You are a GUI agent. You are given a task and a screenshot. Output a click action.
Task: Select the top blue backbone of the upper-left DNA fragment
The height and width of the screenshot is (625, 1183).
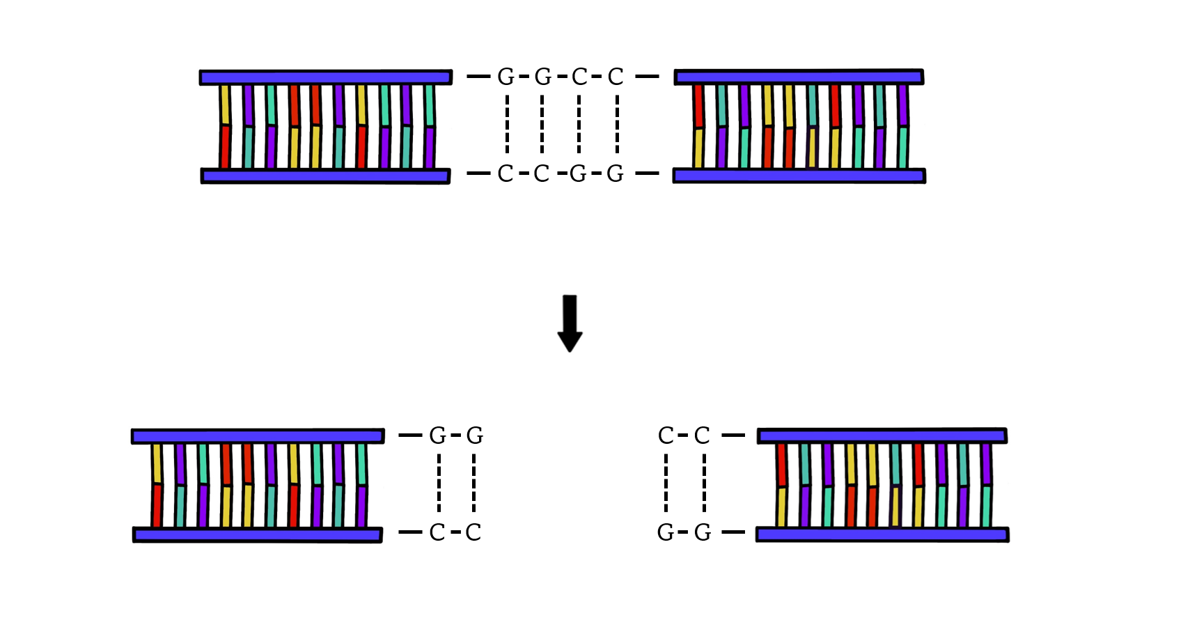[x=325, y=77]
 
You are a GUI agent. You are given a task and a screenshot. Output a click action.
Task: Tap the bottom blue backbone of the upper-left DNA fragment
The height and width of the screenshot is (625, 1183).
[x=325, y=176]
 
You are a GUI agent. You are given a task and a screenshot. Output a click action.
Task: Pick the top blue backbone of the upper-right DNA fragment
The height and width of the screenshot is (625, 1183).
[x=799, y=77]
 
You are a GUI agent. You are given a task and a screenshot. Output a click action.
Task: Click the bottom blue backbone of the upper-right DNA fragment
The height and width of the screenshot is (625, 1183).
[x=799, y=176]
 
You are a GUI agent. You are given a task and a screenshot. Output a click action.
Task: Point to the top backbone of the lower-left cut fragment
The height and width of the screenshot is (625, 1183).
[x=258, y=436]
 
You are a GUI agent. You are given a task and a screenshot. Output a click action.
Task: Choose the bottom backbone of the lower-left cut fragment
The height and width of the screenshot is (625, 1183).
[x=258, y=535]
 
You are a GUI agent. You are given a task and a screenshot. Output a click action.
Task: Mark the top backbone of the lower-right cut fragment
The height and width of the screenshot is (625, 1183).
[x=882, y=435]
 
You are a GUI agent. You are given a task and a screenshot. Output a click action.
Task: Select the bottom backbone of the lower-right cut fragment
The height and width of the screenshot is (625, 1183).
[x=882, y=534]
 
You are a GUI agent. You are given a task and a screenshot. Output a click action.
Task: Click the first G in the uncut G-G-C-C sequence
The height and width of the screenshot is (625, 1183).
[x=506, y=77]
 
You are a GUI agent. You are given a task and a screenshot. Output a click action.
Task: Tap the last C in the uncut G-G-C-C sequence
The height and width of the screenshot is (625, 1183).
[x=615, y=77]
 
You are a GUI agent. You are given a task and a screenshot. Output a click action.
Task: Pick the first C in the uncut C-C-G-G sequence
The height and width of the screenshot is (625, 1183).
[x=506, y=173]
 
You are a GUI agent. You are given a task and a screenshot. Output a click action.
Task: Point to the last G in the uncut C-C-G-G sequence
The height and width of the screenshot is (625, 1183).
[x=615, y=173]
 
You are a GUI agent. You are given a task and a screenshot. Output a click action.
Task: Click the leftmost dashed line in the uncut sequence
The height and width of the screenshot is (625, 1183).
[x=507, y=124]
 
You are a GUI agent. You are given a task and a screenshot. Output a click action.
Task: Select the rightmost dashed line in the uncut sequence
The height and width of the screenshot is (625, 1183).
[x=617, y=124]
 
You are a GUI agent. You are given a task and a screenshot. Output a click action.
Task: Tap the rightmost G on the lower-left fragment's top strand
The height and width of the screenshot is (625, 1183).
[x=474, y=435]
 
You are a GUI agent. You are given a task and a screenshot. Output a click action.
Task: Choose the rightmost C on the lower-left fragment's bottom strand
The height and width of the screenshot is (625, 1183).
[x=473, y=532]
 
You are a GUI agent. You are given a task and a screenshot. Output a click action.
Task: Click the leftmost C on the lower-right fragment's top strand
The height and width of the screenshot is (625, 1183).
[x=666, y=435]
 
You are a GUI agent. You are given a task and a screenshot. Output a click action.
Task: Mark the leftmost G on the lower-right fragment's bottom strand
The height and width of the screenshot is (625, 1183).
[x=666, y=532]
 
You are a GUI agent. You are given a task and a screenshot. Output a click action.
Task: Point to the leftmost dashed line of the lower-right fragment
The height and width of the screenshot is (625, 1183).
[x=666, y=483]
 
